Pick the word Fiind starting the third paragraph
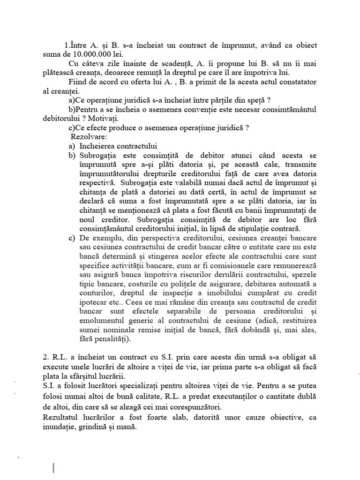point(78,82)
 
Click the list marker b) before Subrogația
point(72,155)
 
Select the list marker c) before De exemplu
point(72,238)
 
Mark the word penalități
point(111,338)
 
